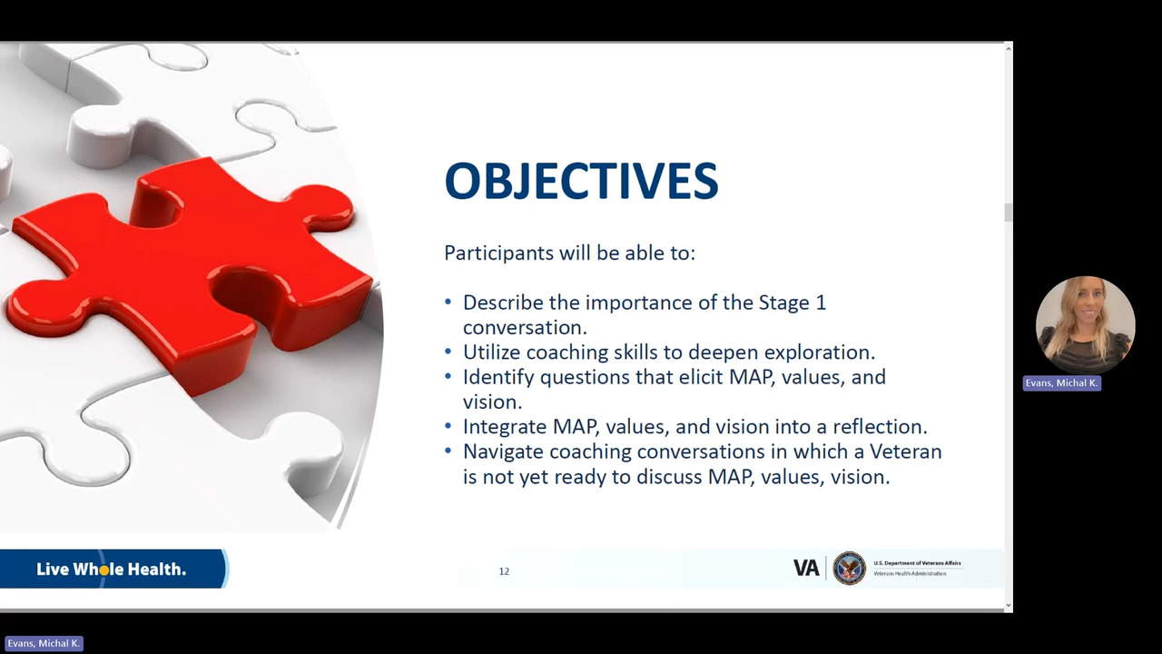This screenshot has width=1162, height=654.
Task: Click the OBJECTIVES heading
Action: coord(581,180)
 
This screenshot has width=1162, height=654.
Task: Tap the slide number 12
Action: coord(504,571)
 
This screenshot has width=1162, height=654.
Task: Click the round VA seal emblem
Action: coord(849,568)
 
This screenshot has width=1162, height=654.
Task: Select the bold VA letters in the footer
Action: coord(806,568)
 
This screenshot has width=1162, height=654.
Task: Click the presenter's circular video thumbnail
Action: coord(1085,325)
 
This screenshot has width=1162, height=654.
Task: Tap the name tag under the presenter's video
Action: coord(1062,383)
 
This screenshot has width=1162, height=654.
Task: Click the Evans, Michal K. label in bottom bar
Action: coord(44,644)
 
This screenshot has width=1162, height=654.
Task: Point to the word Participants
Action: coord(499,253)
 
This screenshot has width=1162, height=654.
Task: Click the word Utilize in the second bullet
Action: coord(491,352)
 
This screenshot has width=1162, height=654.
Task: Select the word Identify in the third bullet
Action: coord(498,377)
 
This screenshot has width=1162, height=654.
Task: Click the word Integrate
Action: coord(505,427)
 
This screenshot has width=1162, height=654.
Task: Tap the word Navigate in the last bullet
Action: coord(503,452)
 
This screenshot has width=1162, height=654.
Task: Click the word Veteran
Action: coord(906,451)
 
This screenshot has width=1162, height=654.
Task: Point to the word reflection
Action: coord(880,427)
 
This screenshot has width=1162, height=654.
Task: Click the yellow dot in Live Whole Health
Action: coord(103,570)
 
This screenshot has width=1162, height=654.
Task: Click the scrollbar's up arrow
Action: coord(1008,49)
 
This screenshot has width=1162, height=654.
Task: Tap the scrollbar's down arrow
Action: coord(1008,605)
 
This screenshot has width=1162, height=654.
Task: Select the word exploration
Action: coord(820,352)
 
